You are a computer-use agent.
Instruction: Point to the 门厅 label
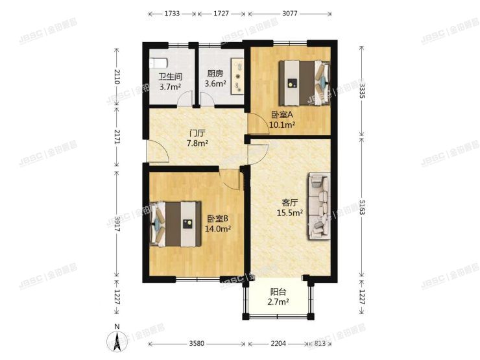coord(197,133)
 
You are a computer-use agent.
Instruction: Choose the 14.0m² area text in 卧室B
coord(217,228)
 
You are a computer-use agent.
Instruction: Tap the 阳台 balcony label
coord(278,292)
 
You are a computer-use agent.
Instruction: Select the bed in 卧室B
coord(175,223)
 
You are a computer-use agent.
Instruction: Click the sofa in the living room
coord(319,205)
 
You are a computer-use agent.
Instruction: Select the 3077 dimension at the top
coord(289,13)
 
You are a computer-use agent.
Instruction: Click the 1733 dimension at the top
coord(173,13)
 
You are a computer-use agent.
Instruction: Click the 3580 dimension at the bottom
coord(197,344)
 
